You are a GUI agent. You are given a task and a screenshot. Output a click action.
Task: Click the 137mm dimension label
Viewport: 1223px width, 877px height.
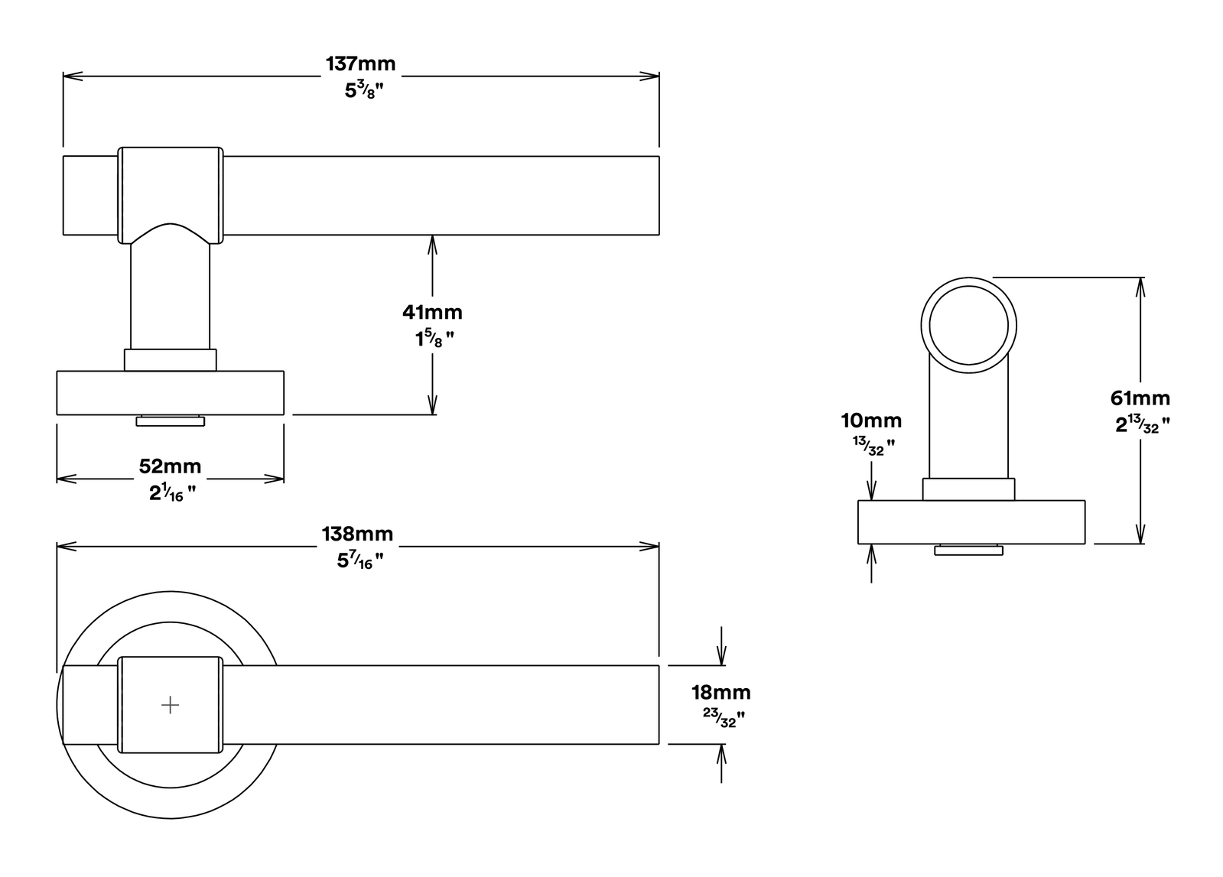(x=360, y=64)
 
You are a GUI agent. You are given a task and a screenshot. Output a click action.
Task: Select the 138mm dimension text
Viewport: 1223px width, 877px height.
(x=358, y=534)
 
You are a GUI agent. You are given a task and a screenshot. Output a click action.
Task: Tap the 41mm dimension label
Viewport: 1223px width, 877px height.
(x=432, y=312)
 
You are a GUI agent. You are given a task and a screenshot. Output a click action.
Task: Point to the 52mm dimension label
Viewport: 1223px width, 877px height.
(x=170, y=466)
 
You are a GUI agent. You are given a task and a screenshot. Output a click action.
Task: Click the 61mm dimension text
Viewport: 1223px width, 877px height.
(x=1140, y=398)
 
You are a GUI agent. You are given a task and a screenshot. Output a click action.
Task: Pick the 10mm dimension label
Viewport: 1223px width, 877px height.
(x=871, y=421)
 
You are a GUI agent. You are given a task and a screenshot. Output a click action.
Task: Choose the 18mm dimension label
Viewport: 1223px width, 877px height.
(x=721, y=693)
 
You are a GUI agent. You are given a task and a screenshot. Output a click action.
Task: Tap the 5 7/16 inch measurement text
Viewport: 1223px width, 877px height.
(x=360, y=560)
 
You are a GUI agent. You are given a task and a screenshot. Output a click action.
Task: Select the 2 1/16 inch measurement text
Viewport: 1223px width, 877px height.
(x=173, y=493)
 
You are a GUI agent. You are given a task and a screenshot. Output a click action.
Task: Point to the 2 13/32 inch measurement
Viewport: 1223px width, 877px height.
(x=1143, y=424)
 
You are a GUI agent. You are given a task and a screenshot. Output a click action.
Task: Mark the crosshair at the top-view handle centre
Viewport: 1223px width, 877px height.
(x=171, y=705)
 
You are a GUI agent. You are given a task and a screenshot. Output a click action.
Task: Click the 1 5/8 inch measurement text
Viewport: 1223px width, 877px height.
(x=434, y=339)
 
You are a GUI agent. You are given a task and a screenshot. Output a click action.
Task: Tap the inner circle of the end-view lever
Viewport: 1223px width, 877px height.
(x=969, y=286)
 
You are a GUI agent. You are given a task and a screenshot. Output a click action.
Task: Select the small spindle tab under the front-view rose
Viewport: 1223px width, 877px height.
(x=171, y=421)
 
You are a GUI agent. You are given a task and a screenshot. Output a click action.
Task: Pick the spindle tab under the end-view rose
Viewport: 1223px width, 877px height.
(x=968, y=550)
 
